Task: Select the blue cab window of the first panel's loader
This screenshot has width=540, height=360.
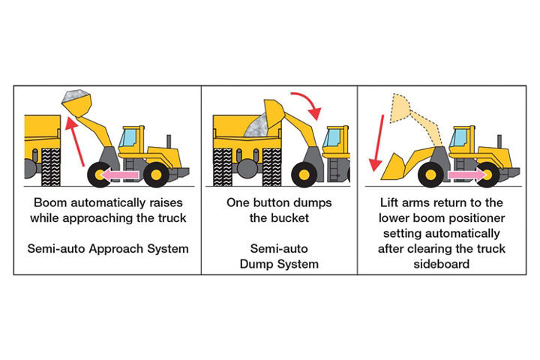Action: pyautogui.click(x=130, y=137)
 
